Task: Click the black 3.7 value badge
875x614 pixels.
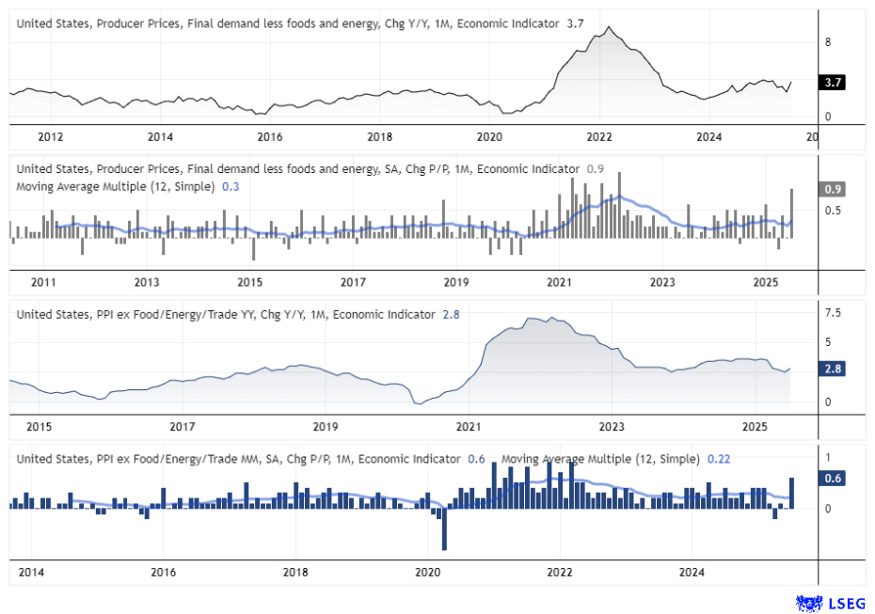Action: point(832,83)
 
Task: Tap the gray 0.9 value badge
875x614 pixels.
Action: point(832,189)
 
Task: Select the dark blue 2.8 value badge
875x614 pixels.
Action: point(832,370)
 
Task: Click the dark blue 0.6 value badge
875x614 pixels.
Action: point(832,479)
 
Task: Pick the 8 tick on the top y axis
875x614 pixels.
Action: point(827,42)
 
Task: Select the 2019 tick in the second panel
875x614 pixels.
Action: point(455,282)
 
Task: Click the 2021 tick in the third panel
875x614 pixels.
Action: point(468,426)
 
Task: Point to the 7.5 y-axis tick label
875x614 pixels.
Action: point(833,313)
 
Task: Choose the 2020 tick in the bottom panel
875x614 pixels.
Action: point(427,572)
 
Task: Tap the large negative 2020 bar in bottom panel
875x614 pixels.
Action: point(443,529)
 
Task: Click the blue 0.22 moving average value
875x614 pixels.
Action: point(718,459)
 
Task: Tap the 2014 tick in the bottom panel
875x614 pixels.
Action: point(31,572)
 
